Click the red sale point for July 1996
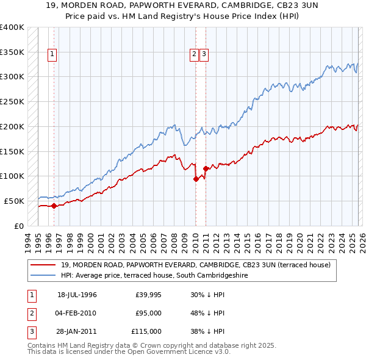tap(54, 206)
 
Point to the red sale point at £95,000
tap(196, 179)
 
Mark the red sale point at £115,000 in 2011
tap(206, 168)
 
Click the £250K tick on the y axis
tap(12, 101)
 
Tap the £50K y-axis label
tap(14, 201)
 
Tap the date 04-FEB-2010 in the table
tap(77, 313)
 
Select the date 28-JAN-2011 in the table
tap(77, 331)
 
